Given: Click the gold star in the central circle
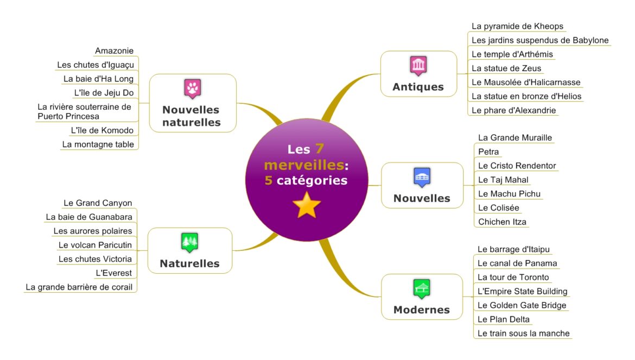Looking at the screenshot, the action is (x=307, y=205).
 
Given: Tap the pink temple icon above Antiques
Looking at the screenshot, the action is (x=418, y=66).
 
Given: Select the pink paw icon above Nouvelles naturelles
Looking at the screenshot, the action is (x=192, y=89).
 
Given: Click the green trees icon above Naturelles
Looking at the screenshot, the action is (x=189, y=243).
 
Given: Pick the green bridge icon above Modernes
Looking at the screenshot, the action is (x=422, y=289).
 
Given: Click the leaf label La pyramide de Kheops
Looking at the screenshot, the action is (x=518, y=26).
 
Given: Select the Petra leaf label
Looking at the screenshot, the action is (x=488, y=152).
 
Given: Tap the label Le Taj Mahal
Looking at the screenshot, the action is (x=503, y=180).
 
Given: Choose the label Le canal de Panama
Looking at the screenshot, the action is (x=517, y=263).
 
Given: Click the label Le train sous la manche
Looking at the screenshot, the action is (x=524, y=333).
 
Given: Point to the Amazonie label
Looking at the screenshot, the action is (x=114, y=50).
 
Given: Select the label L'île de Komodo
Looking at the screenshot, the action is (x=102, y=130).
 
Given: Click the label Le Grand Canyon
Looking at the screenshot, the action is (x=98, y=203).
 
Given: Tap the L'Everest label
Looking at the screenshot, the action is (x=114, y=273).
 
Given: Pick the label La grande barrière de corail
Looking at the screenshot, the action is (x=79, y=287).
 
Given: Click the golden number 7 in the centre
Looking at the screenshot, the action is (x=320, y=149).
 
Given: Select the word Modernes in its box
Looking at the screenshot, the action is (x=422, y=310).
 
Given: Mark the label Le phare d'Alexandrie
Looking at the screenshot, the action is (x=513, y=110).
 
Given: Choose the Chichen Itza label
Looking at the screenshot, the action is (x=502, y=222).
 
